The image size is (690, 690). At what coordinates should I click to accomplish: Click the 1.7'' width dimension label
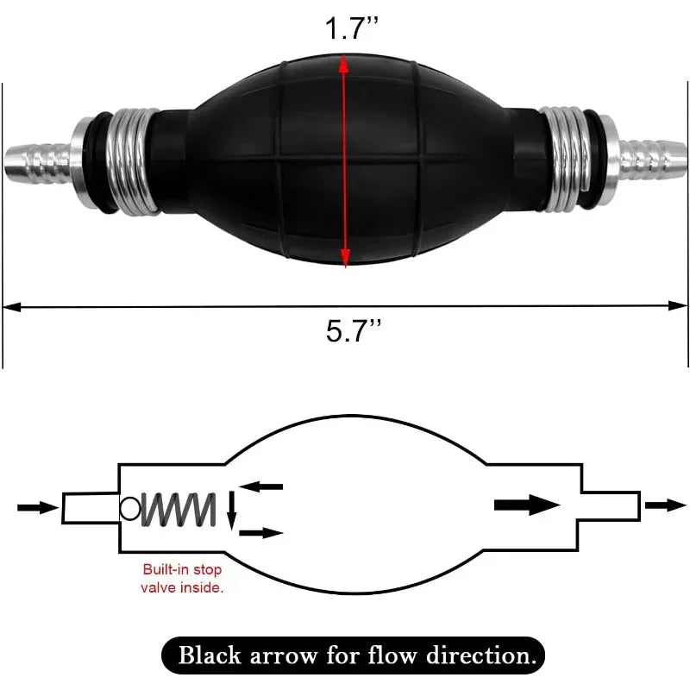tap(351, 28)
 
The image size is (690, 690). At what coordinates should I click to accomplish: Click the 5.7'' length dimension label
tap(354, 330)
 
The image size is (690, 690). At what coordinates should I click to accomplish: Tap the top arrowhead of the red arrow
tap(344, 63)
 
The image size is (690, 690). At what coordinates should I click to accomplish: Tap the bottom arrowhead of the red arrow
tap(346, 257)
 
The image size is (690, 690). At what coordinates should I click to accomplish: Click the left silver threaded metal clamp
tap(135, 162)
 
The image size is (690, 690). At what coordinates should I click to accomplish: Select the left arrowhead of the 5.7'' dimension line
tap(12, 307)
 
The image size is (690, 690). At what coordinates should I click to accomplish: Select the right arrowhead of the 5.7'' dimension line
tap(678, 306)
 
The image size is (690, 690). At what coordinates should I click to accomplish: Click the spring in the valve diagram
tap(179, 510)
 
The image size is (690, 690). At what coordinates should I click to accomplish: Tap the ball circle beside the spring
tap(130, 509)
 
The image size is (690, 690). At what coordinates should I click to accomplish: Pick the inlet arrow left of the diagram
tap(38, 507)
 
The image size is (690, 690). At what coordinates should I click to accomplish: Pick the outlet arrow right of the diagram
tap(665, 505)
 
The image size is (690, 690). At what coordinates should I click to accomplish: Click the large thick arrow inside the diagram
tap(527, 505)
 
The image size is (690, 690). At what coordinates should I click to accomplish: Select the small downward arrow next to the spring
tap(232, 511)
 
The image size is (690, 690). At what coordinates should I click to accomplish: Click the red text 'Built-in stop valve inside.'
tap(182, 578)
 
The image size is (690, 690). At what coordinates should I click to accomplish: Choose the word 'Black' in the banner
tap(210, 655)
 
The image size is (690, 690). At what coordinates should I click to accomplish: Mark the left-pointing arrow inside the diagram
tap(261, 486)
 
